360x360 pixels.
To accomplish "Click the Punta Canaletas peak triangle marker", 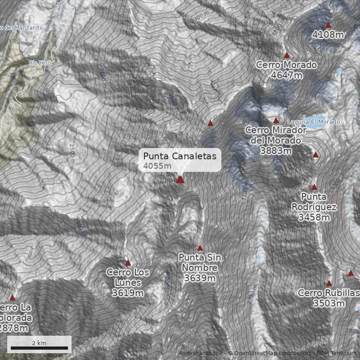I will pyautogui.click(x=180, y=180).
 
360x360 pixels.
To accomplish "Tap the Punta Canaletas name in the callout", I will pyautogui.click(x=180, y=156).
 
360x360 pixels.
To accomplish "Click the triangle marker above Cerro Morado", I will pyautogui.click(x=287, y=55).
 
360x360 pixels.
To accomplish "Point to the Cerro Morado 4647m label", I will pyautogui.click(x=287, y=70).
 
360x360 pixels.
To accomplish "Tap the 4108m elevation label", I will pyautogui.click(x=328, y=34).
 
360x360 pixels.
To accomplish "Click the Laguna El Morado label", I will pyautogui.click(x=314, y=122).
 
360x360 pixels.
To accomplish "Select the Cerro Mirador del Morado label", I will pyautogui.click(x=276, y=140).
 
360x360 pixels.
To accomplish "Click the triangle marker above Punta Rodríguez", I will pyautogui.click(x=314, y=187).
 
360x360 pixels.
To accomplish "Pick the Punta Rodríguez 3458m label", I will pyautogui.click(x=314, y=207).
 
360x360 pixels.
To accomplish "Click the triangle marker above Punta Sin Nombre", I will pyautogui.click(x=200, y=248).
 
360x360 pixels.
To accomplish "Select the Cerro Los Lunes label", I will pyautogui.click(x=128, y=283).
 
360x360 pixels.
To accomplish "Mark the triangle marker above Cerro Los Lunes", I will pyautogui.click(x=128, y=263).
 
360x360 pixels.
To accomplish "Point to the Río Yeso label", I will pyautogui.click(x=40, y=63).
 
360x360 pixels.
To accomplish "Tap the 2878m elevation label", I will pyautogui.click(x=13, y=328).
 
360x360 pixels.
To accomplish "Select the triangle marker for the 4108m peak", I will pyautogui.click(x=328, y=25).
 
